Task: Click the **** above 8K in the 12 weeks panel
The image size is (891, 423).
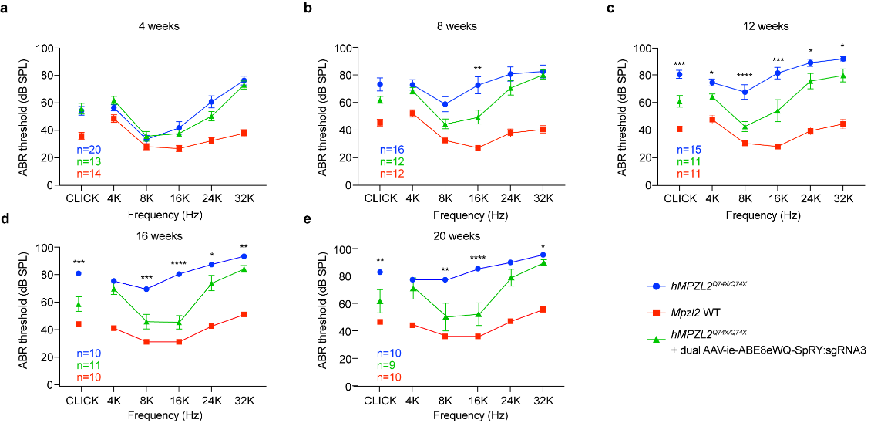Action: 745,76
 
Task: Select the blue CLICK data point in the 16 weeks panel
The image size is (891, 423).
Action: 79,274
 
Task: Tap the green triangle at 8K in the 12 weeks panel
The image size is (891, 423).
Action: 745,127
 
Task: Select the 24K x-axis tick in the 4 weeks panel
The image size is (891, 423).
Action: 211,198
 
